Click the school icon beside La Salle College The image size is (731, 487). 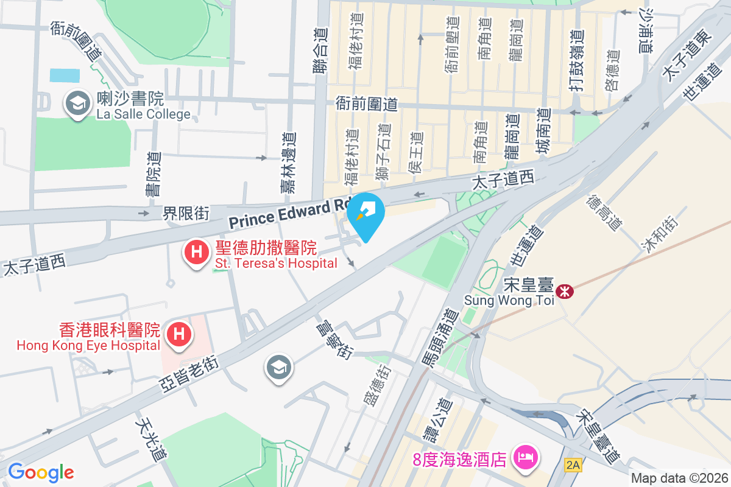coord(78,103)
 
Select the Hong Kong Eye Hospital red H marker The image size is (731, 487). coord(179,334)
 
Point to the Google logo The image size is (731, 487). coord(41,472)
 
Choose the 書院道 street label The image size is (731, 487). coord(153,174)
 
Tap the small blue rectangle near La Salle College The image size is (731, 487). coord(65,75)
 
